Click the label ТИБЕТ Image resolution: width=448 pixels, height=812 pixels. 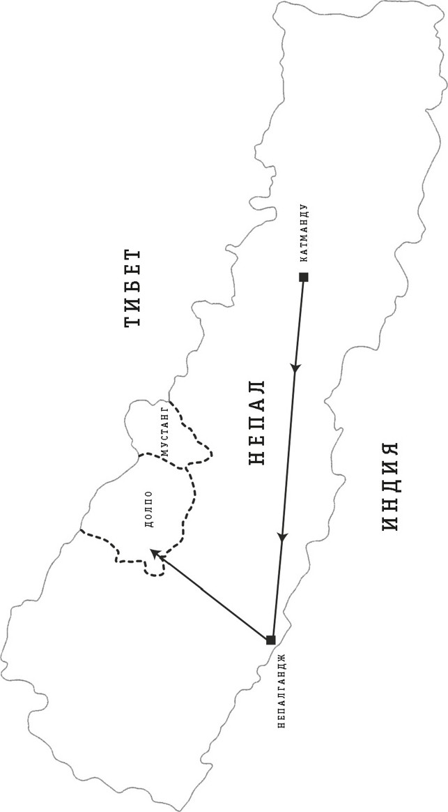click(x=132, y=288)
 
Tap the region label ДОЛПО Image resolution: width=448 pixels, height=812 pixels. click(x=150, y=509)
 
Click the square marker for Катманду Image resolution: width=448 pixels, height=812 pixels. click(x=304, y=277)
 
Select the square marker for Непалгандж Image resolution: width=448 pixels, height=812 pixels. click(x=270, y=640)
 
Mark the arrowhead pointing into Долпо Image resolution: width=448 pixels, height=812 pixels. click(x=154, y=555)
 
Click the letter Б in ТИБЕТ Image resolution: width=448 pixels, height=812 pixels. click(x=132, y=288)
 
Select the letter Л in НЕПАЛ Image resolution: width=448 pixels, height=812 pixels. click(x=257, y=388)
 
